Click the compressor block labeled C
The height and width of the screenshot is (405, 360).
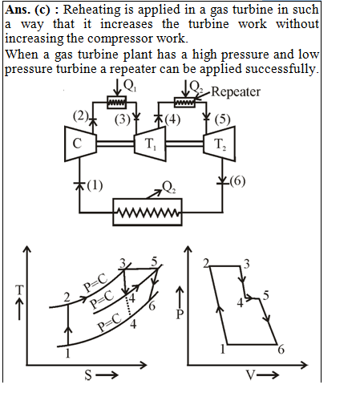[80, 144]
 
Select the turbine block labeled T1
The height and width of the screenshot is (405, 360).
[150, 144]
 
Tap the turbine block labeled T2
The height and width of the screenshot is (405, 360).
[220, 144]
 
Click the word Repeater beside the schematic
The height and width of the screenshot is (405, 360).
[236, 92]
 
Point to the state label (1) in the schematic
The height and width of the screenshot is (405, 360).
[95, 185]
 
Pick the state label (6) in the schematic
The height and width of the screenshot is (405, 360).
[237, 181]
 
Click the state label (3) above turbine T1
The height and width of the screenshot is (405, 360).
[123, 119]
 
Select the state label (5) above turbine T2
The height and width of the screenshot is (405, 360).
[222, 119]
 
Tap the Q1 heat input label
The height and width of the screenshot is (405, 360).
[130, 86]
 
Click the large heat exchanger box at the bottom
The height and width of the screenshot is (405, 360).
[148, 213]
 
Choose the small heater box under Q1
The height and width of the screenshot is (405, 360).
[117, 102]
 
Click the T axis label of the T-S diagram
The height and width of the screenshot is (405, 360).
[19, 290]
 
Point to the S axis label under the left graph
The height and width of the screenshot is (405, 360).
[88, 375]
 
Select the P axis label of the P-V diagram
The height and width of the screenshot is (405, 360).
[180, 314]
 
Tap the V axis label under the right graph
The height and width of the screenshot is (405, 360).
[251, 375]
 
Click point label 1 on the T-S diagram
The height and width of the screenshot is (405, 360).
[67, 354]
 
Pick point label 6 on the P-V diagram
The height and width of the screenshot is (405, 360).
[281, 350]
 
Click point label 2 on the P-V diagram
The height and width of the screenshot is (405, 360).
[206, 263]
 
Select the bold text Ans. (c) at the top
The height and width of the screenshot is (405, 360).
[28, 10]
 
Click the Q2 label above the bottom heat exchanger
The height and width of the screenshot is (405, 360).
[169, 187]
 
